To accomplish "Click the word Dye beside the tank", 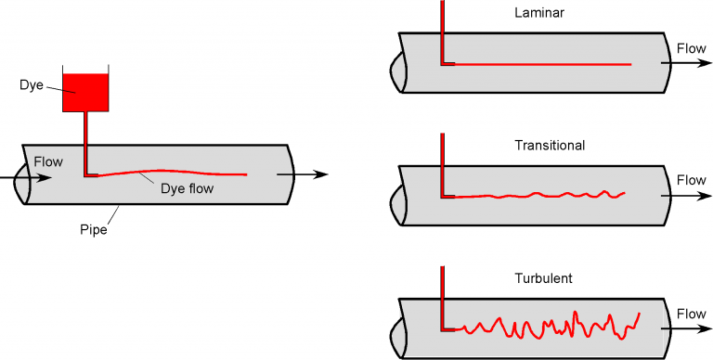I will pos(32,84).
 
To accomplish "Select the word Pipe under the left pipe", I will pos(93,229).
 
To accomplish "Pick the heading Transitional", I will pos(549,146).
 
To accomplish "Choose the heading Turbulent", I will pos(543,278).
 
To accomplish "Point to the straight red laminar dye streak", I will pos(538,64).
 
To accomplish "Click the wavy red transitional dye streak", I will pos(538,196).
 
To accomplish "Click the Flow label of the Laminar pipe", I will pos(691,47).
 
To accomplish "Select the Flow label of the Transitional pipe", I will pos(691,180).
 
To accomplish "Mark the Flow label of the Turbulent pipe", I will pos(691,314).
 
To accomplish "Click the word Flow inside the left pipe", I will pos(48,161).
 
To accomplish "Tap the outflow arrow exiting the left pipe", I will pos(311,174).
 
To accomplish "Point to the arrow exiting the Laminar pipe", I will pos(687,64).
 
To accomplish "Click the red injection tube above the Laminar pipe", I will pos(443,28).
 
